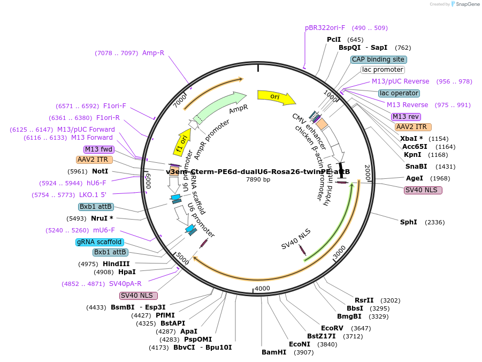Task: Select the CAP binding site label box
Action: (x=379, y=59)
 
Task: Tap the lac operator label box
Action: (x=399, y=93)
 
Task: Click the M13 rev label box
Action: (x=406, y=117)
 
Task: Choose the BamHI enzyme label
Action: (x=273, y=352)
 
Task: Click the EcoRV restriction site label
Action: (x=332, y=328)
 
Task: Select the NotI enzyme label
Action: (x=100, y=171)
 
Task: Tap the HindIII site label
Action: (x=116, y=264)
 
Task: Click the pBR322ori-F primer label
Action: (x=325, y=28)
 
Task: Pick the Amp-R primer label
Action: (x=153, y=53)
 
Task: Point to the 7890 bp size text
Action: (x=258, y=179)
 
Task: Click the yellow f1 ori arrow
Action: (x=182, y=141)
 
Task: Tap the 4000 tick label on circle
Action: (x=262, y=289)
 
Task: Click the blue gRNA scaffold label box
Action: (x=100, y=242)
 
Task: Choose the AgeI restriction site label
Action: (x=414, y=178)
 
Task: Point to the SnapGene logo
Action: (x=465, y=4)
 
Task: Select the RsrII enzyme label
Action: (x=364, y=300)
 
